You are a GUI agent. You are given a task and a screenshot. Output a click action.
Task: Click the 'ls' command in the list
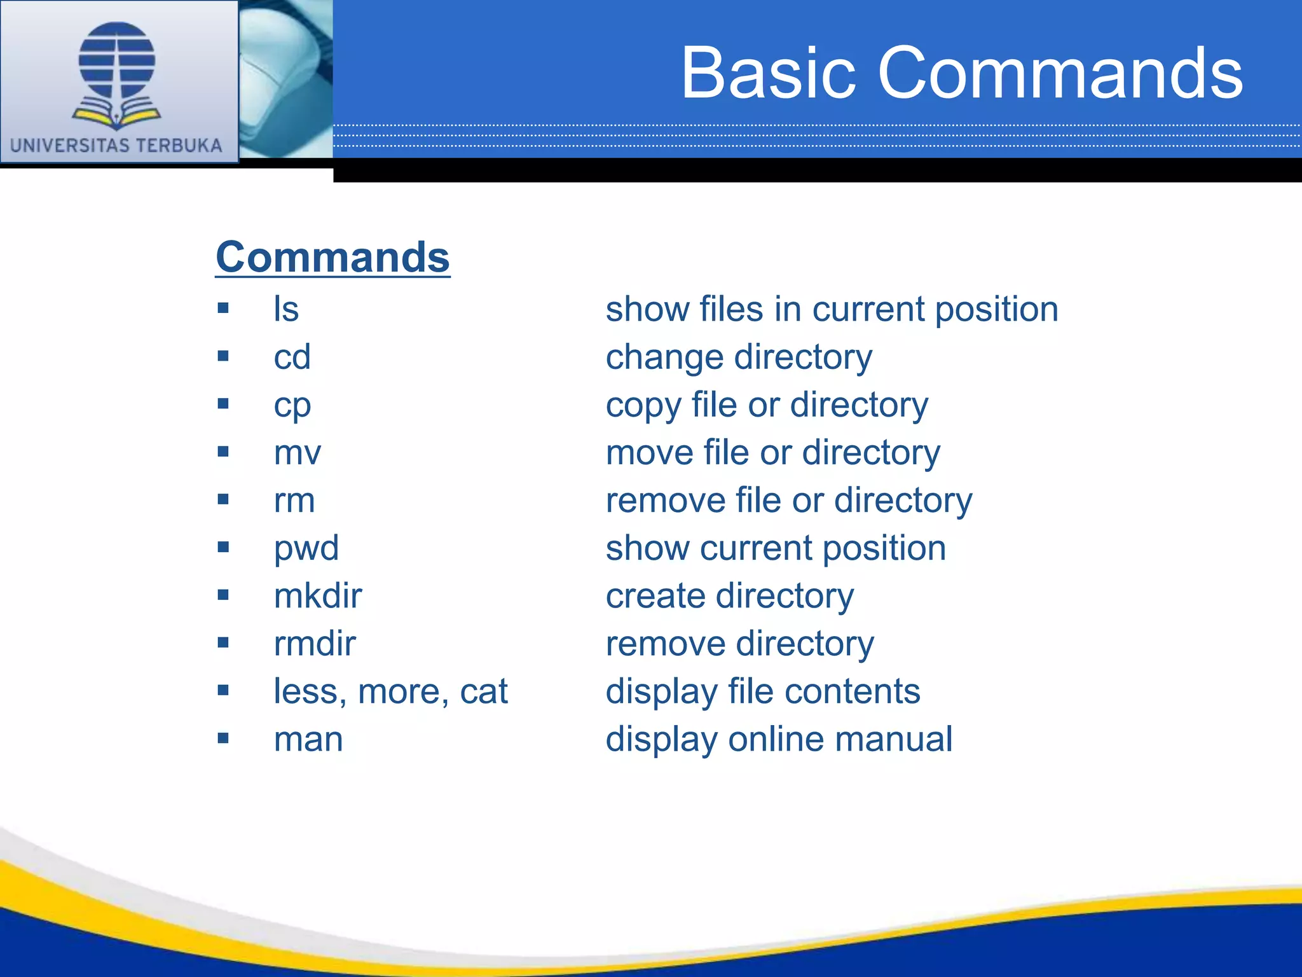[x=286, y=309]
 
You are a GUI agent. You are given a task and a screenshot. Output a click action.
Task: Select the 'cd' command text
[x=292, y=357]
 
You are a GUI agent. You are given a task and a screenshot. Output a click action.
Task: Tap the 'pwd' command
[x=306, y=548]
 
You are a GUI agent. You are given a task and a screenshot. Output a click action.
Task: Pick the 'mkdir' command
[x=318, y=596]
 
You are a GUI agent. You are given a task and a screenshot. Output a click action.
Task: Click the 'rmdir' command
[x=315, y=644]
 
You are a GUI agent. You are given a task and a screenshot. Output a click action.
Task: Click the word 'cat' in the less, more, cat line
[x=484, y=692]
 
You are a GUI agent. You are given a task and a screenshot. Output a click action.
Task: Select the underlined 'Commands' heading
[x=332, y=257]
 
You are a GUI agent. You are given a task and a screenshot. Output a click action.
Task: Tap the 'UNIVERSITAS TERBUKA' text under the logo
[x=116, y=146]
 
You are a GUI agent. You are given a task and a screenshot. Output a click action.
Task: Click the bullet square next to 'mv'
[x=223, y=452]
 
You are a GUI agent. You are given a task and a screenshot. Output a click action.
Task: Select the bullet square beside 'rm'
[x=223, y=499]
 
